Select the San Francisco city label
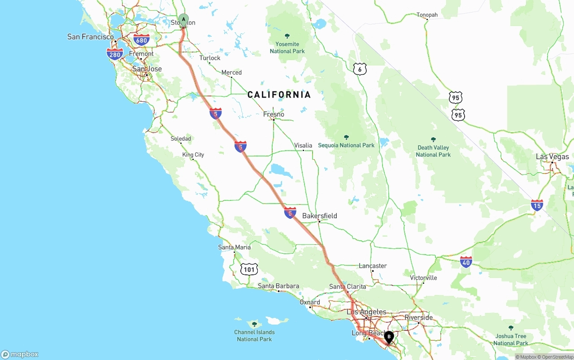91,37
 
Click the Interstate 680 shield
142,40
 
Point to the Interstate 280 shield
115,55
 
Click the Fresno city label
274,114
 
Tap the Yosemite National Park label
287,48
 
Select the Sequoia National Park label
346,145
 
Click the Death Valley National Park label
433,151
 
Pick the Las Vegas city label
552,156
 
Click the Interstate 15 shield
537,205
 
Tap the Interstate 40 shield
466,262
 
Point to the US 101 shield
249,269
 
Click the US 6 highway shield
360,69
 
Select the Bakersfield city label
319,216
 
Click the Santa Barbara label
278,286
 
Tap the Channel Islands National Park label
254,335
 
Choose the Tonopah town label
427,15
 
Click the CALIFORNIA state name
279,95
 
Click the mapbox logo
20,354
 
